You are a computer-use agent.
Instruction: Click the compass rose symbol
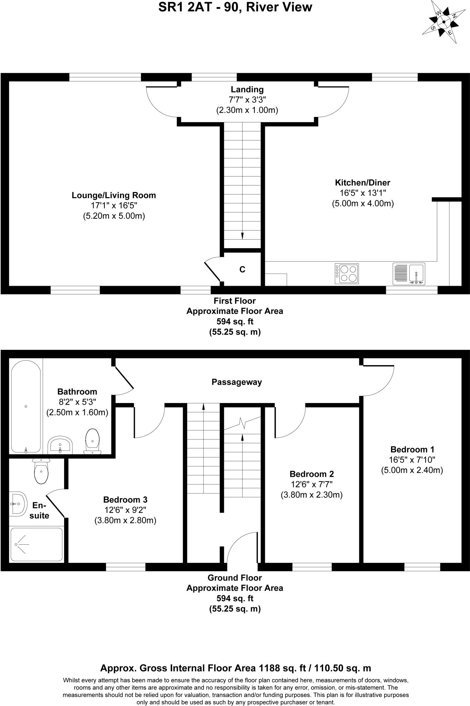pos(444,22)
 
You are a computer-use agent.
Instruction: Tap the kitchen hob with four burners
pos(347,274)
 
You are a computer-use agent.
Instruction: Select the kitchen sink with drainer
pos(409,274)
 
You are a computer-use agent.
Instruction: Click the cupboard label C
pos(242,270)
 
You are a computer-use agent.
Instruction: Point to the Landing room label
pos(247,90)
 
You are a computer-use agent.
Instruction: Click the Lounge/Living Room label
pos(114,195)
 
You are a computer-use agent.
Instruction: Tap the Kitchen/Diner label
pos(362,183)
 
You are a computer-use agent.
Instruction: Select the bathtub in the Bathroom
pos(26,406)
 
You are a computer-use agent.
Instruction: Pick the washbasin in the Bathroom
pos(60,445)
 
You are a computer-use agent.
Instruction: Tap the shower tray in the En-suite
pos(37,544)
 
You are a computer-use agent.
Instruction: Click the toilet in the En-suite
pos(41,470)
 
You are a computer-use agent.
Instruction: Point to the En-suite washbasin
pos(17,504)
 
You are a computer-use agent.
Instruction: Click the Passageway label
pos(237,382)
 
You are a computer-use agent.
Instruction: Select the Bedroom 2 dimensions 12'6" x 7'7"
pos(311,485)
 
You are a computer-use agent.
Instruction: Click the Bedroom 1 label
pos(412,450)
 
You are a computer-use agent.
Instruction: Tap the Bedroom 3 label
pos(125,500)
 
